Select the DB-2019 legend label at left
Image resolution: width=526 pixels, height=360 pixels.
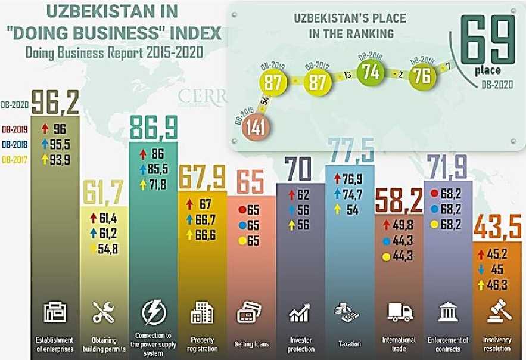[x=15, y=128]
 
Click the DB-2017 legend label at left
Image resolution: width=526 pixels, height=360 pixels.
[x=15, y=159]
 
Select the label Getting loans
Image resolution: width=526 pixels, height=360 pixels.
[x=252, y=343]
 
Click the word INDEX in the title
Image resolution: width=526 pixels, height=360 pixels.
[x=186, y=33]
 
